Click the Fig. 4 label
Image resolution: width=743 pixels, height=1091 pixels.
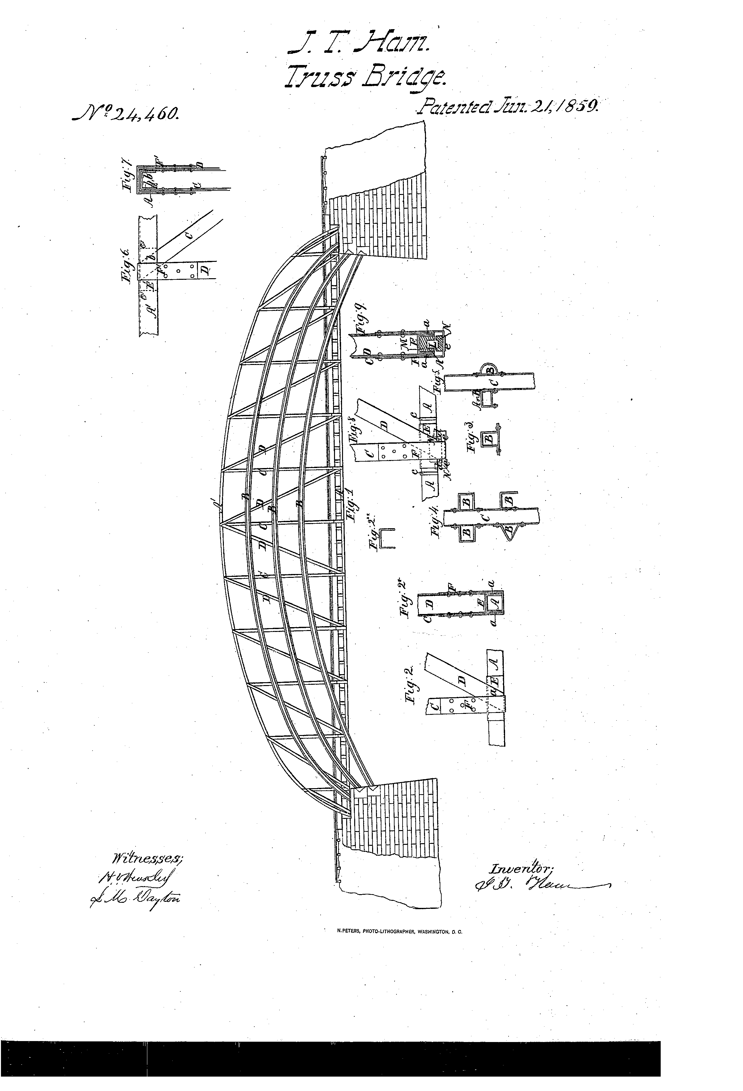click(435, 522)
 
